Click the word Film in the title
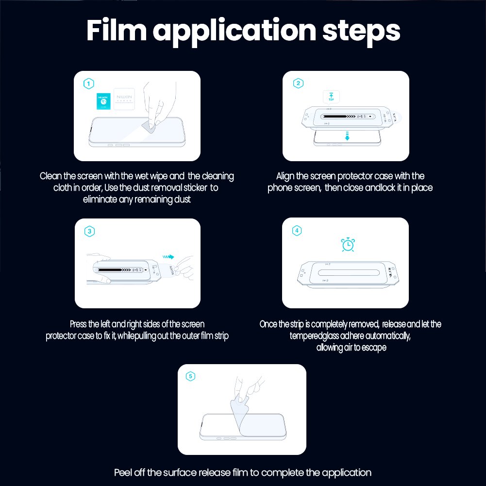pos(116,30)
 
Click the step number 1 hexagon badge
pos(89,84)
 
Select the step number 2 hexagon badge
pos(298,84)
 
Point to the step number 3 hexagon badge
pos(89,231)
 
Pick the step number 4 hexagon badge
pos(297,231)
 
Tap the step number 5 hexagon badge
pos(190,376)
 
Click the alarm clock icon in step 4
pos(348,245)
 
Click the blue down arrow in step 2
pos(347,136)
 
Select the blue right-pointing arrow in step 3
pos(168,257)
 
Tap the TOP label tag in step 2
pos(331,97)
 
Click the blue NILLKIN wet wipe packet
pos(103,101)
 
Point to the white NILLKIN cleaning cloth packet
pos(124,99)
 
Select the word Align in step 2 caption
pos(285,176)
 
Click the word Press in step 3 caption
pos(78,324)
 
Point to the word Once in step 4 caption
pos(268,324)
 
